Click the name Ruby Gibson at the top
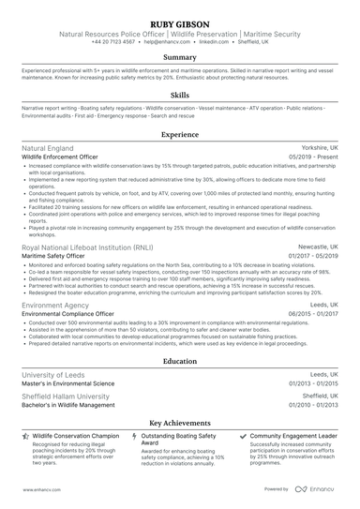pyautogui.click(x=180, y=22)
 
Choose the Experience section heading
pyautogui.click(x=180, y=135)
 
